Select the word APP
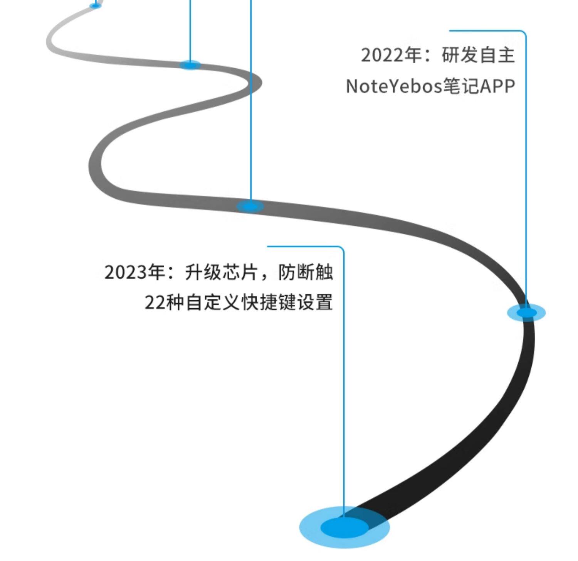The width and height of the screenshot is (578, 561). click(497, 86)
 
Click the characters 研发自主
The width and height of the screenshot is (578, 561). click(478, 55)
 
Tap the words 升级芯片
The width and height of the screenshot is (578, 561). click(221, 272)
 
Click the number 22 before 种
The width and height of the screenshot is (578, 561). click(155, 302)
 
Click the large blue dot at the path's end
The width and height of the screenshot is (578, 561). click(344, 527)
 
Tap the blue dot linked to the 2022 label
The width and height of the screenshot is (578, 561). click(526, 312)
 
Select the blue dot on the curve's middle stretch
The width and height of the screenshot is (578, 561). click(250, 206)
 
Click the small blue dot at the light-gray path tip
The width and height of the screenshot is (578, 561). click(95, 5)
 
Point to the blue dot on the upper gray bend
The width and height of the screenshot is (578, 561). click(190, 65)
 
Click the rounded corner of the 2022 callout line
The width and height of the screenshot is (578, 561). click(524, 32)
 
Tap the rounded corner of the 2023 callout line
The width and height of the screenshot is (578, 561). click(342, 248)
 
